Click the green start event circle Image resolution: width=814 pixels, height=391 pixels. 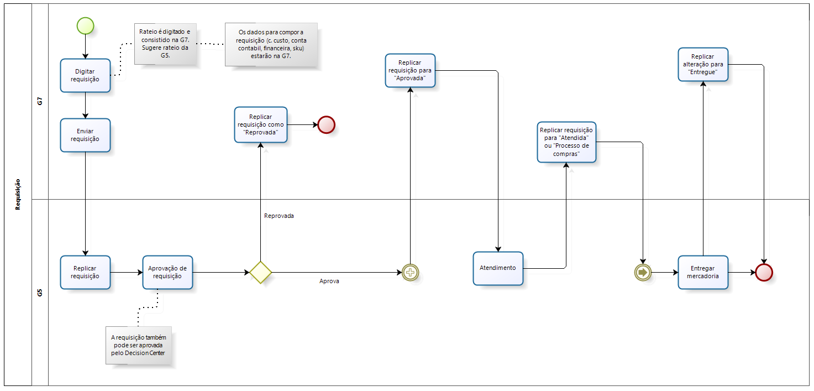[85, 25]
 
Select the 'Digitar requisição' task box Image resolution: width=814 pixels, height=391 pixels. [85, 75]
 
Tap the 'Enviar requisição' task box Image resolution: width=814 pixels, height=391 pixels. [85, 135]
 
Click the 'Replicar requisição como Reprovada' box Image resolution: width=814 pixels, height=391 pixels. [260, 124]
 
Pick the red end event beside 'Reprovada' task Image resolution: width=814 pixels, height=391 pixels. [326, 124]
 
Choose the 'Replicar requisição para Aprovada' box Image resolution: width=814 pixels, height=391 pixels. [410, 70]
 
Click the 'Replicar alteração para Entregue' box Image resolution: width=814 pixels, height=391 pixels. [702, 64]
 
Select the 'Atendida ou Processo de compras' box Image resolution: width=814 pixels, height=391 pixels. [566, 142]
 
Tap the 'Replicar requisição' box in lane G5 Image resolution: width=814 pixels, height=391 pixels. [85, 272]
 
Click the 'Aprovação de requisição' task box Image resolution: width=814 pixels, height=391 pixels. [167, 272]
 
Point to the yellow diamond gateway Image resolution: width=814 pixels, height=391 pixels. [260, 272]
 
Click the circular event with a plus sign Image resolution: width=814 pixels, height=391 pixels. [410, 272]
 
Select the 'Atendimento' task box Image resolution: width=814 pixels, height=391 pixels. [498, 268]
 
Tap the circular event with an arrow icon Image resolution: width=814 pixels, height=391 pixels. [643, 272]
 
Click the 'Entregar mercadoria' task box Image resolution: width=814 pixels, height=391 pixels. [702, 272]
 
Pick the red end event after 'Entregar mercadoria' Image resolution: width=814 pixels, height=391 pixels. [764, 272]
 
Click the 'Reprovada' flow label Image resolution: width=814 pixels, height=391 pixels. [279, 216]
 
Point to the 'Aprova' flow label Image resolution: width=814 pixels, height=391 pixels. [329, 281]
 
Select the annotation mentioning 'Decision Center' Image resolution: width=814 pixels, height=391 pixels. [138, 345]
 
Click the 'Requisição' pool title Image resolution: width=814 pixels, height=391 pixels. [18, 194]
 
